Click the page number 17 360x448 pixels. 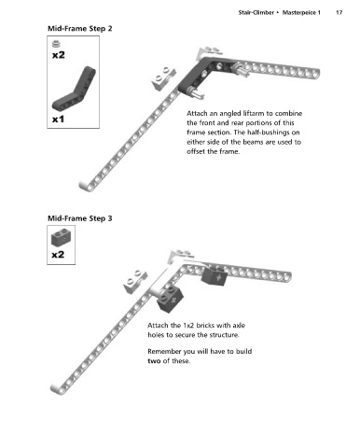coord(339,13)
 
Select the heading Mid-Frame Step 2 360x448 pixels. coord(80,29)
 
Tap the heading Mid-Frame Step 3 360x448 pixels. coord(80,218)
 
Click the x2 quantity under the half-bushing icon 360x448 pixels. coord(59,55)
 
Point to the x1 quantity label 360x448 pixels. coord(58,119)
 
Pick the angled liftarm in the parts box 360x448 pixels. coord(75,90)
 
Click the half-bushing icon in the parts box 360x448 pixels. coord(56,44)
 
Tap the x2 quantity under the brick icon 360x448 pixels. coord(58,255)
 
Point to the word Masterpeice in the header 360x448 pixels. coord(298,13)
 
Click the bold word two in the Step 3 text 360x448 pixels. coord(154,361)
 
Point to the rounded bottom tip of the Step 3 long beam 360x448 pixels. coord(55,388)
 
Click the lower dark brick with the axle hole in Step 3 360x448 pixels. coord(170,299)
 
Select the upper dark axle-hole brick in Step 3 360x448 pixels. coord(215,276)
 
